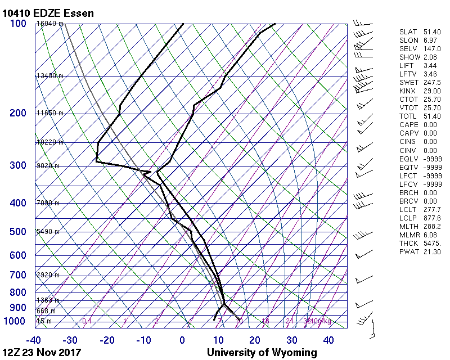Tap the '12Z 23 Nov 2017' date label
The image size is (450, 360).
(42, 353)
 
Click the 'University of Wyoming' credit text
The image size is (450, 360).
(262, 353)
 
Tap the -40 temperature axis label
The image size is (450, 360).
(34, 340)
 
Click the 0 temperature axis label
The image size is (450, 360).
(182, 340)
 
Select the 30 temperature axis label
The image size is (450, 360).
(291, 340)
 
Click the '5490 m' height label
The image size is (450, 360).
(48, 232)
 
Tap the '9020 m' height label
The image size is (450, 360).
(48, 166)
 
